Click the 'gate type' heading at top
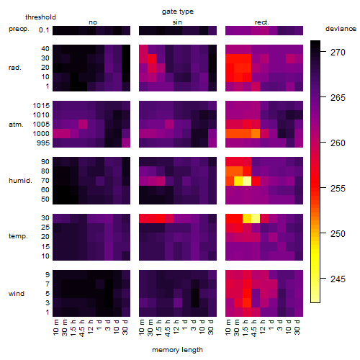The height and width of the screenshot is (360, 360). click(178, 12)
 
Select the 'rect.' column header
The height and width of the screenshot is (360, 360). click(262, 22)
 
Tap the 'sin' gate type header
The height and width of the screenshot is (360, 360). click(177, 22)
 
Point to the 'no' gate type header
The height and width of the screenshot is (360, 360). click(93, 22)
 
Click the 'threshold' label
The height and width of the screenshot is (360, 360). click(40, 17)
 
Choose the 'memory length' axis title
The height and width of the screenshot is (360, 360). click(178, 350)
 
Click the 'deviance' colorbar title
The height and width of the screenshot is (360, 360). click(341, 29)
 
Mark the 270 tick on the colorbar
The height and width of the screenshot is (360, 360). click(338, 52)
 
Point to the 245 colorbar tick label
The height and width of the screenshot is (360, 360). click(338, 279)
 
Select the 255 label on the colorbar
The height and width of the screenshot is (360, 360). click(338, 188)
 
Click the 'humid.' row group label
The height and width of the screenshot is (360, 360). click(20, 181)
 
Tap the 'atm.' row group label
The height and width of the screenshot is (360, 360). click(16, 125)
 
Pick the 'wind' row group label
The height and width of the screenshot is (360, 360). click(17, 294)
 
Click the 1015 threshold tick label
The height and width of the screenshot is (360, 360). click(41, 106)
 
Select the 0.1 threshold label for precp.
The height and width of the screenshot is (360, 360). click(44, 30)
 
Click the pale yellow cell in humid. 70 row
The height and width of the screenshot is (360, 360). click(247, 181)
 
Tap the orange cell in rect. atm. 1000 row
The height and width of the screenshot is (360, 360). click(256, 134)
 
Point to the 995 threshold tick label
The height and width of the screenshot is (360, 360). click(43, 143)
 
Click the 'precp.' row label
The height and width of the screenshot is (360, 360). click(19, 30)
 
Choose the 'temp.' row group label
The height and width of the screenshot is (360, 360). click(18, 236)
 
